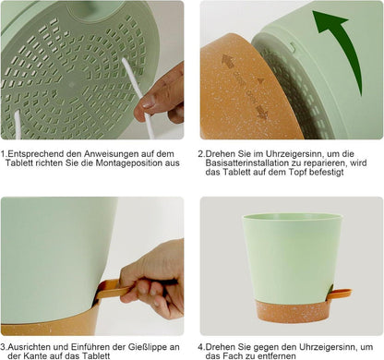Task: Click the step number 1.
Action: point(3,153)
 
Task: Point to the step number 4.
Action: point(200,347)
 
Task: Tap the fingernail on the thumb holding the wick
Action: point(149,102)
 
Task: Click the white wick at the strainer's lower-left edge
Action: point(18,125)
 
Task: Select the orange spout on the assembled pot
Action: point(340,294)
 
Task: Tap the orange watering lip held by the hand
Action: point(113,289)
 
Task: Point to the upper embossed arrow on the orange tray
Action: point(228,62)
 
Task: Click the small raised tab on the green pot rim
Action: point(293,47)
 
